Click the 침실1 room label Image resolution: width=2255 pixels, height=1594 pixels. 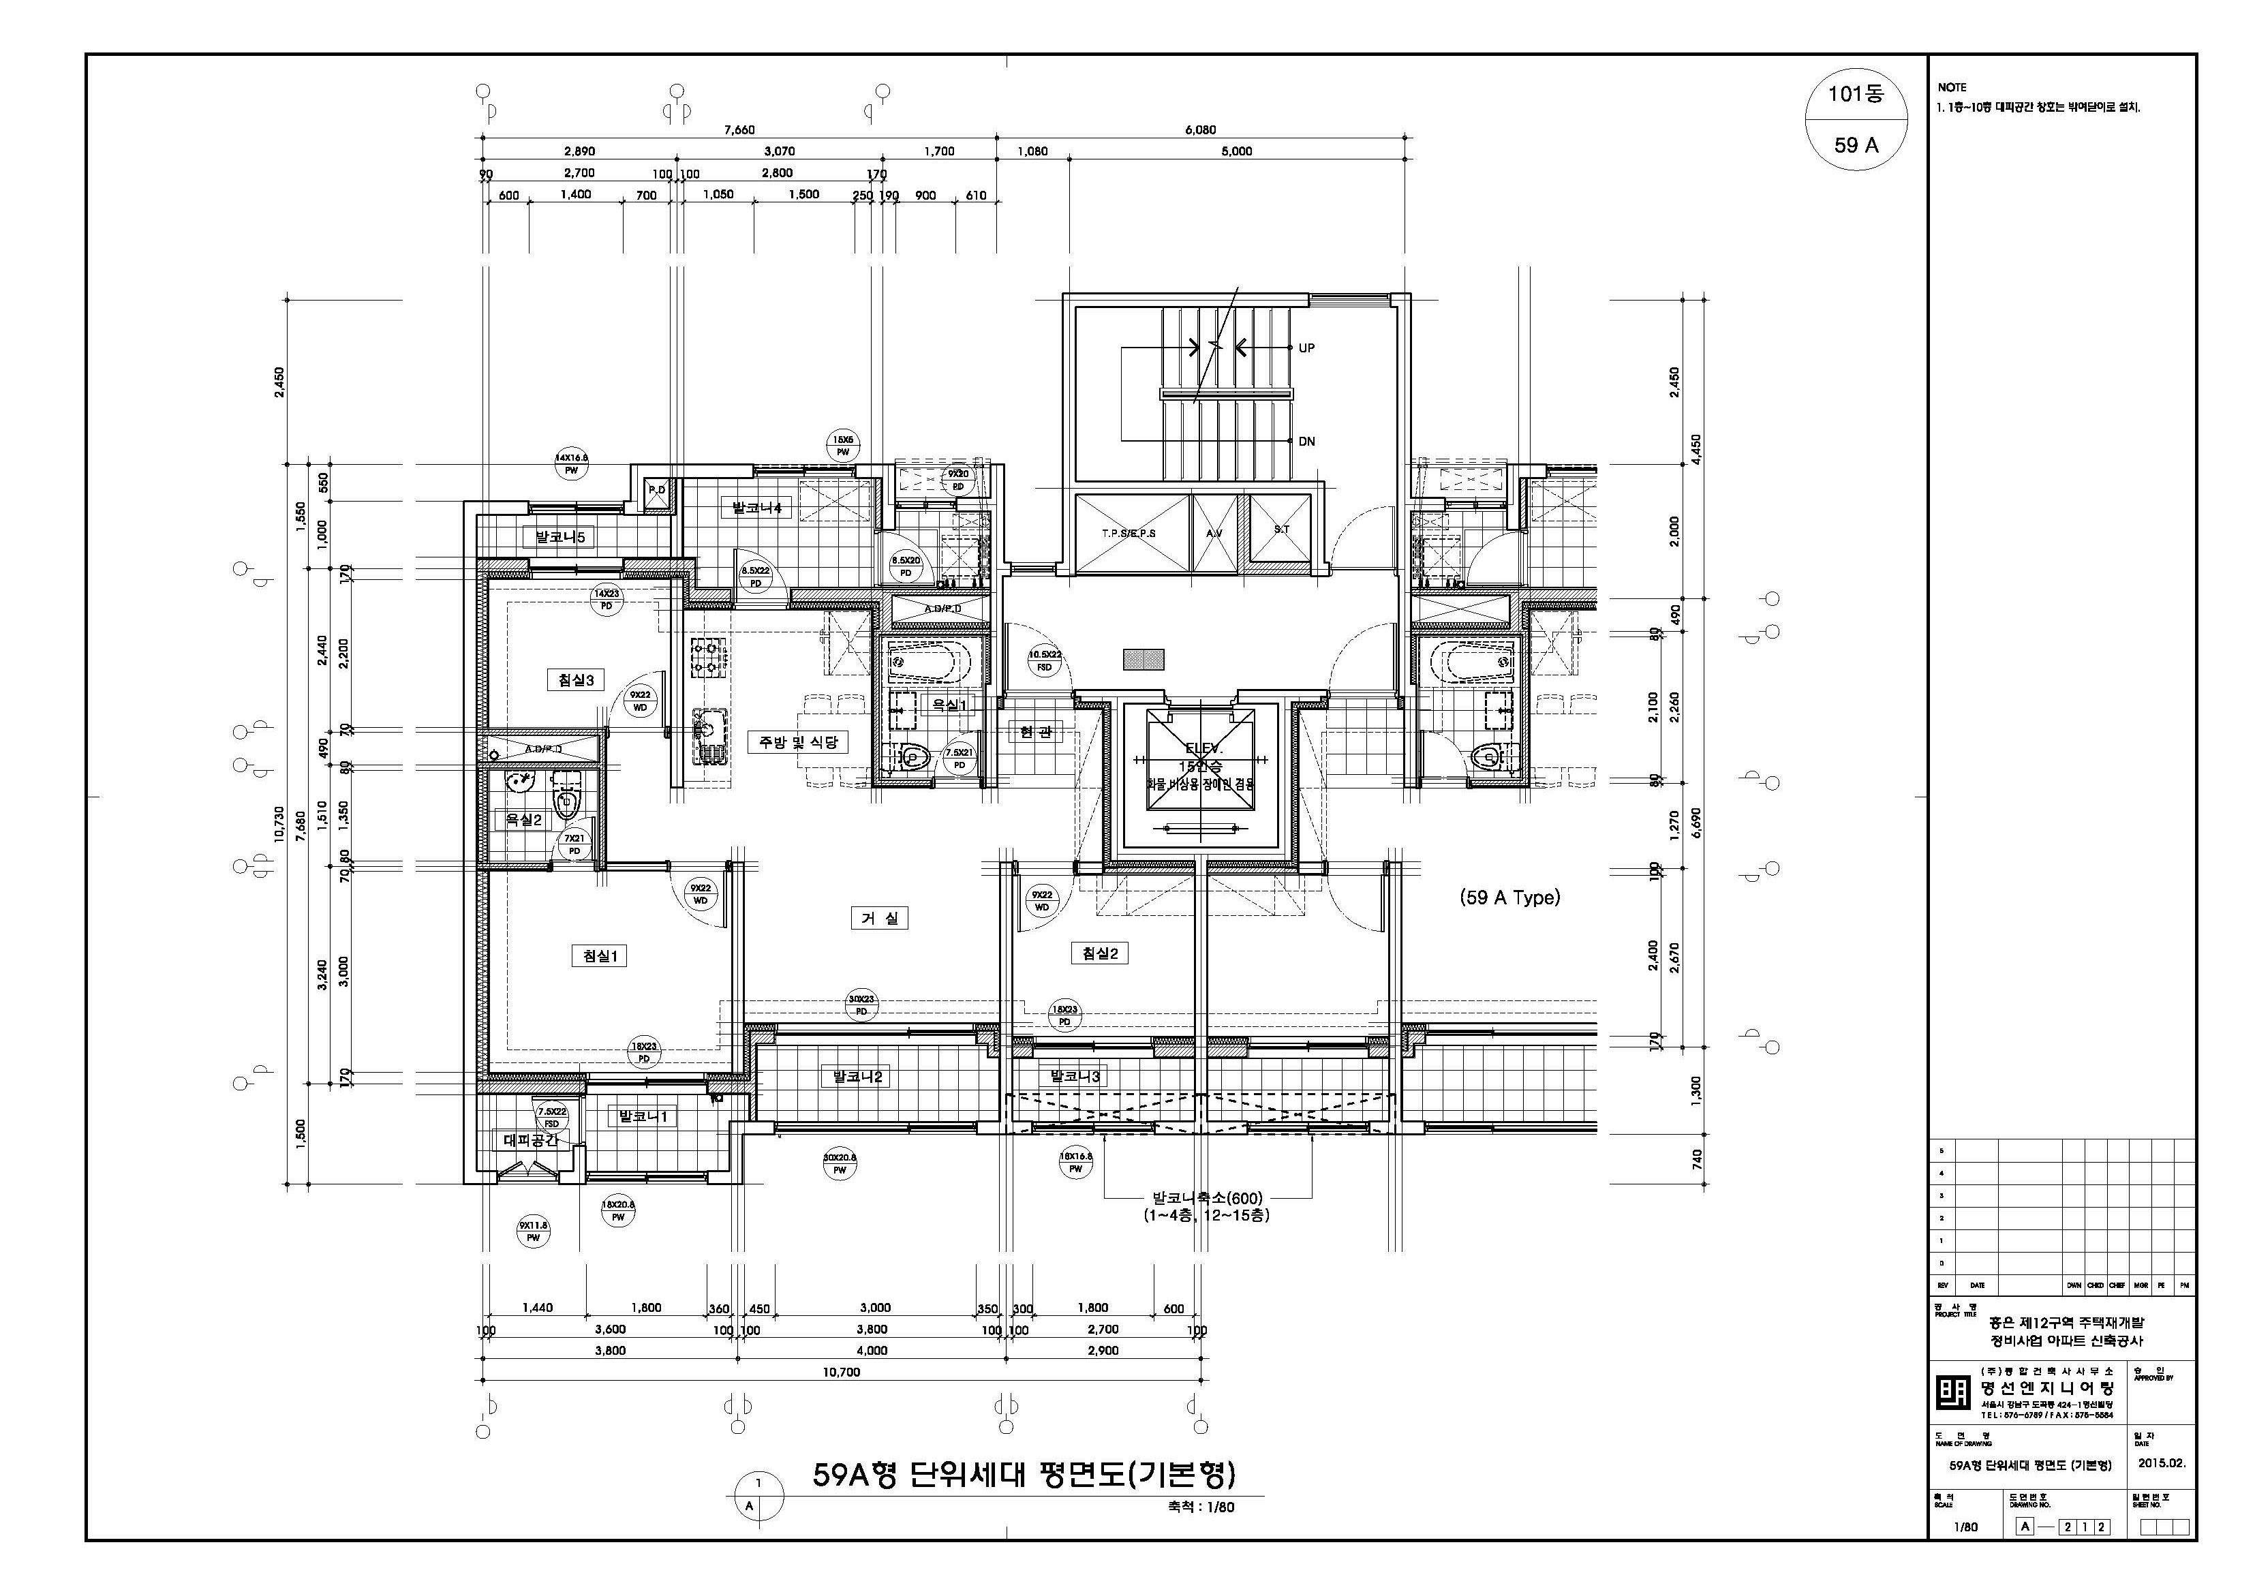pos(598,955)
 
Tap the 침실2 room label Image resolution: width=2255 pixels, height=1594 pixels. pos(1099,953)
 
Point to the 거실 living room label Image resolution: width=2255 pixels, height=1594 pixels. pos(879,918)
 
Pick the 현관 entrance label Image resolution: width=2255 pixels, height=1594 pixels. pos(1035,732)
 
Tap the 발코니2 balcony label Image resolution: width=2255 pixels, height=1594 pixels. pos(857,1077)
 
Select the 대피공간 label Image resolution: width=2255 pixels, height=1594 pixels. pos(530,1140)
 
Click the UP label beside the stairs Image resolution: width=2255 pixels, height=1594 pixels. pos(1306,348)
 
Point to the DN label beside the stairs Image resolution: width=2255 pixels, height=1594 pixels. pos(1306,442)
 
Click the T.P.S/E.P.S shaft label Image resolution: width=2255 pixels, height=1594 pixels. pos(1129,534)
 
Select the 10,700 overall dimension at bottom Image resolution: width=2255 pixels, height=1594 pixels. pos(841,1372)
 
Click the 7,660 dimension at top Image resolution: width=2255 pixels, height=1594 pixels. pos(739,129)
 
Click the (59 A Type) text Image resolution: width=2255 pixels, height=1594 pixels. pos(1509,898)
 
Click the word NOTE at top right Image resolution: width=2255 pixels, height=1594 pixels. pos(1952,87)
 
